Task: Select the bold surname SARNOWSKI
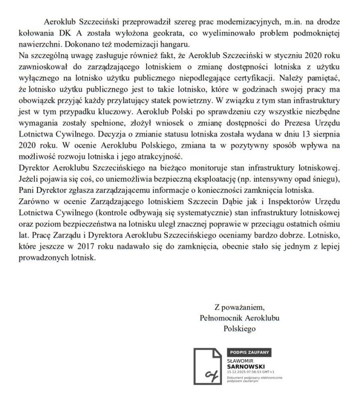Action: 243,366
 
